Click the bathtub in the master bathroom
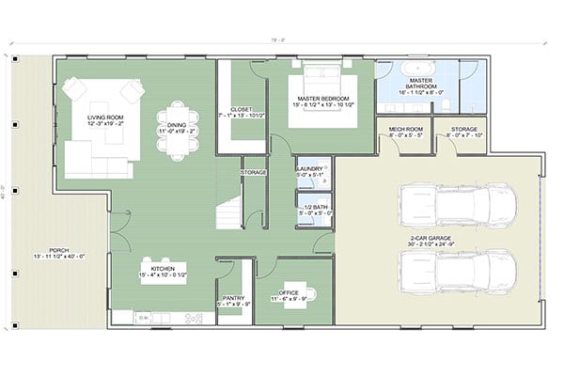414,70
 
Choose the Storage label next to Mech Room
463,133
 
